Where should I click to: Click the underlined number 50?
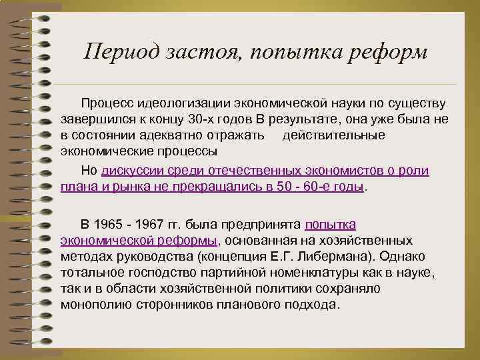coord(290,187)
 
